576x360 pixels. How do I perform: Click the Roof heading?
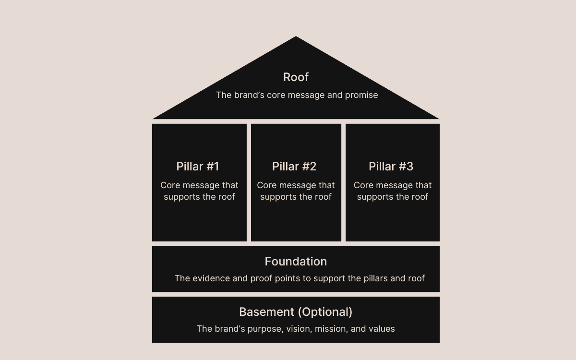point(296,77)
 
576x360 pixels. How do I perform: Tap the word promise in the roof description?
point(361,95)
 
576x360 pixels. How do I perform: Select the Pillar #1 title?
point(197,167)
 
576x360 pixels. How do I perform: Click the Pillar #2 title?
point(294,167)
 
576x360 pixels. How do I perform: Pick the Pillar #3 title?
point(391,167)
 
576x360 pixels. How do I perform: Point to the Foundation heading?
point(296,262)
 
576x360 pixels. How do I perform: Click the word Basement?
point(266,312)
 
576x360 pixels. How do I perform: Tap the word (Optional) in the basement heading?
point(325,312)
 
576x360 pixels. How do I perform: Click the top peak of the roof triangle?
point(296,37)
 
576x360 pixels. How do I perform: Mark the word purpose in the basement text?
point(265,329)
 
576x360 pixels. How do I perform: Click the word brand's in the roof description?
point(250,95)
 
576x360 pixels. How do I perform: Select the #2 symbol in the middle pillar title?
point(309,167)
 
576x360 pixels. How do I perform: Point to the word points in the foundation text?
point(287,279)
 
